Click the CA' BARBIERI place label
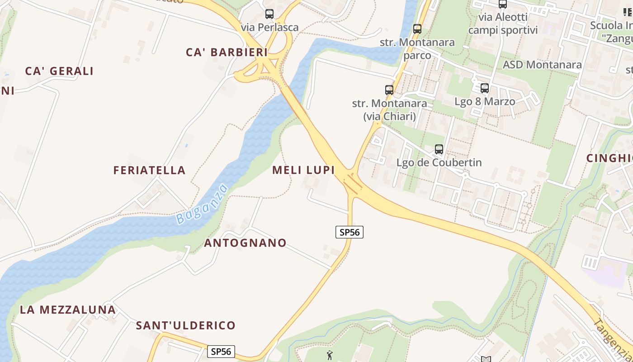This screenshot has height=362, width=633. (x=227, y=52)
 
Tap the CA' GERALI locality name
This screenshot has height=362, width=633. (x=59, y=71)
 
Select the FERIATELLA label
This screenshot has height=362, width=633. (x=149, y=171)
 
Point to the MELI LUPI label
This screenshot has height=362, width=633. (x=303, y=170)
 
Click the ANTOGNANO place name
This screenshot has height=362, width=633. (x=245, y=243)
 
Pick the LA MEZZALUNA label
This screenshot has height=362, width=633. (x=68, y=310)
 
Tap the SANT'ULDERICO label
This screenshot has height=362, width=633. (x=186, y=325)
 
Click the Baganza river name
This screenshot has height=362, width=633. (x=202, y=204)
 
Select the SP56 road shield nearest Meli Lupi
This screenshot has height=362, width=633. (x=350, y=232)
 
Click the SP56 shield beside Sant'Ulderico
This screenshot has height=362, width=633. (x=222, y=351)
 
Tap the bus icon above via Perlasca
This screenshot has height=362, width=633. (x=269, y=14)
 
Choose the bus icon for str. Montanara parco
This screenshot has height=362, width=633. (x=417, y=29)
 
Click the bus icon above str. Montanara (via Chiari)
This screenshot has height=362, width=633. (x=389, y=90)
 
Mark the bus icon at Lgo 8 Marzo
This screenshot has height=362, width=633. (x=485, y=88)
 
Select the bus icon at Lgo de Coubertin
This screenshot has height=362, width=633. (x=439, y=149)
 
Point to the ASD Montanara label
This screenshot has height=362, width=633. (x=542, y=65)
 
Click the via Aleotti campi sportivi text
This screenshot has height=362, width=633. (x=503, y=24)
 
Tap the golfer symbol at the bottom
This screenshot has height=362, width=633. (x=330, y=356)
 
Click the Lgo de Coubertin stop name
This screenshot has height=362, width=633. (x=439, y=162)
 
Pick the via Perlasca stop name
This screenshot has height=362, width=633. (x=270, y=28)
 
